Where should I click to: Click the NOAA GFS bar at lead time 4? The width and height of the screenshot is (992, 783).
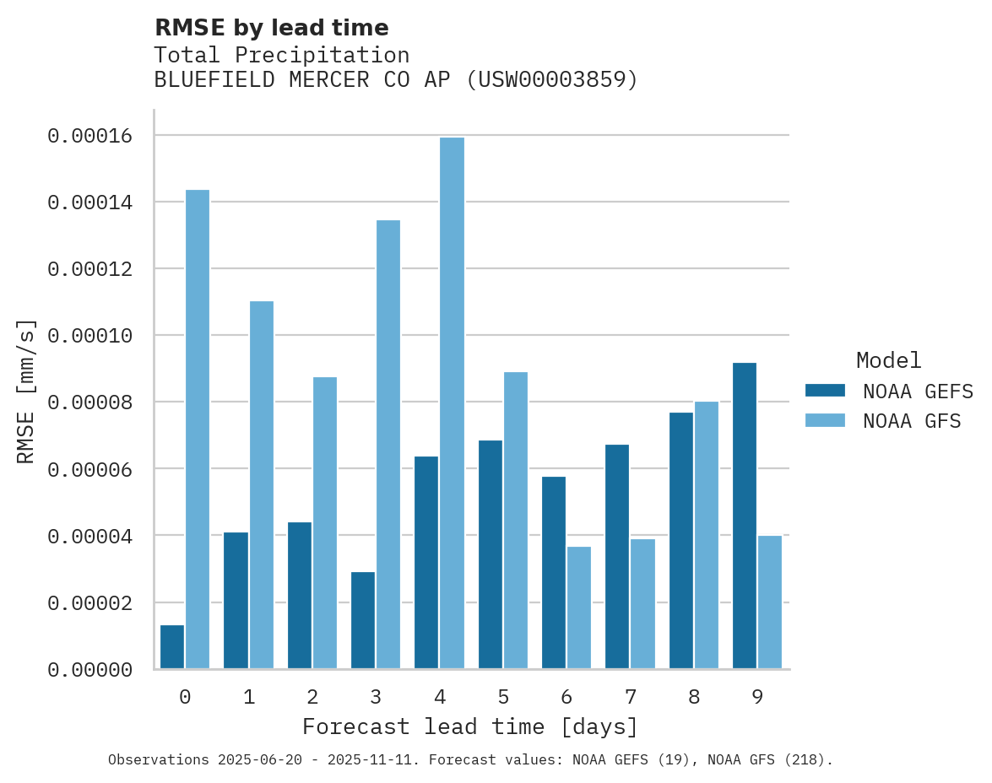point(452,403)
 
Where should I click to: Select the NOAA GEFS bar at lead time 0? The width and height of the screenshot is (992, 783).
point(172,647)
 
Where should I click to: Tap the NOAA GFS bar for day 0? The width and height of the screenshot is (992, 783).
point(198,429)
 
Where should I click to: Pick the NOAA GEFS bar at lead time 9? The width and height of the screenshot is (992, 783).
point(745,516)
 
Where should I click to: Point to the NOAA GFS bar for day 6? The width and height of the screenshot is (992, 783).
point(579,607)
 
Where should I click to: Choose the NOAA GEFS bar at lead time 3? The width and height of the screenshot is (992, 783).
point(363,620)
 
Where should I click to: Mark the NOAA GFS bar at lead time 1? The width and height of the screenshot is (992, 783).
point(261,485)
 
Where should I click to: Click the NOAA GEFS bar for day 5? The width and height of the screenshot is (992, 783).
point(491,554)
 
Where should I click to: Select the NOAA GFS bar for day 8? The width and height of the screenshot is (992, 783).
point(707,535)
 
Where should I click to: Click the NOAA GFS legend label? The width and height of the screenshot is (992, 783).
point(912,421)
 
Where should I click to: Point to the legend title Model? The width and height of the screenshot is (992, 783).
point(888,360)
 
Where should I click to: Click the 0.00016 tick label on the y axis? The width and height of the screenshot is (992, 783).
point(89,136)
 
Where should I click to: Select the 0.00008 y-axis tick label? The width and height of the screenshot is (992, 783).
point(89,402)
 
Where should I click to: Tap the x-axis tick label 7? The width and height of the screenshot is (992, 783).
point(631,697)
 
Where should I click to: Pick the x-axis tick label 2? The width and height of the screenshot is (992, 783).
point(312,697)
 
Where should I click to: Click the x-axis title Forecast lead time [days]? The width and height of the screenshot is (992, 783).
point(470,726)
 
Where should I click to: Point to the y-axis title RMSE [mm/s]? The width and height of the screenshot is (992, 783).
point(27,391)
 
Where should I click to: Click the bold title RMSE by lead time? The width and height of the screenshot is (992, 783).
point(271,28)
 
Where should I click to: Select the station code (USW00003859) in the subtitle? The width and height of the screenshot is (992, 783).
point(552,80)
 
